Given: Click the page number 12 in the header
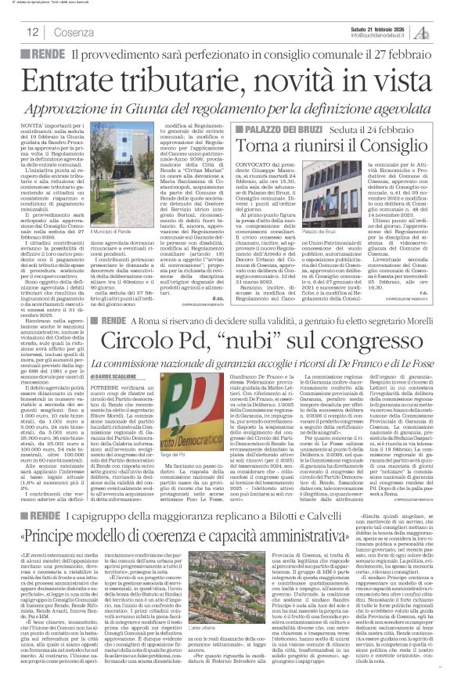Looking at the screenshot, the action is (31, 32).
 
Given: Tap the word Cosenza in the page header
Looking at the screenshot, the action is (74, 32).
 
